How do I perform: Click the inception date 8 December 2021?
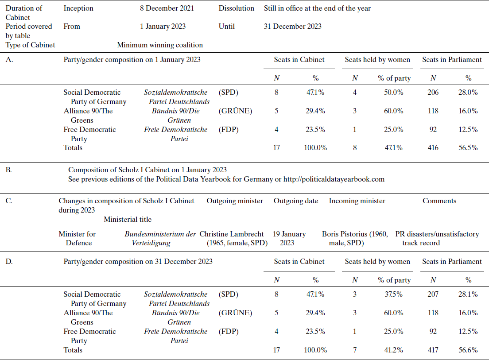[x=167, y=8]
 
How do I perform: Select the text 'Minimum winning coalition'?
[x=160, y=45]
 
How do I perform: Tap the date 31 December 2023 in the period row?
[x=292, y=26]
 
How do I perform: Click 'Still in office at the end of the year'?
[x=317, y=8]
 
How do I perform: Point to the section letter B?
[x=9, y=170]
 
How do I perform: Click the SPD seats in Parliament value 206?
[x=433, y=92]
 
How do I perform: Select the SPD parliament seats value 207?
[x=433, y=294]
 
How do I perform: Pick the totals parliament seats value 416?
[x=433, y=147]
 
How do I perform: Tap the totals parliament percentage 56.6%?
[x=468, y=349]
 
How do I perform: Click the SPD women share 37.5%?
[x=390, y=294]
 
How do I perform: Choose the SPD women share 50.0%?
[x=390, y=92]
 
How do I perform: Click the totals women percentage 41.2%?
[x=390, y=349]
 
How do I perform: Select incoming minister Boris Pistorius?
[x=355, y=238]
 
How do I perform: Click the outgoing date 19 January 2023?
[x=290, y=238]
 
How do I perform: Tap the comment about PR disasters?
[x=437, y=238]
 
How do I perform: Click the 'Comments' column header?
[x=439, y=201]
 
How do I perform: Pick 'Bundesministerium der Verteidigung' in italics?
[x=160, y=238]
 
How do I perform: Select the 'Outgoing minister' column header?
[x=235, y=201]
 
